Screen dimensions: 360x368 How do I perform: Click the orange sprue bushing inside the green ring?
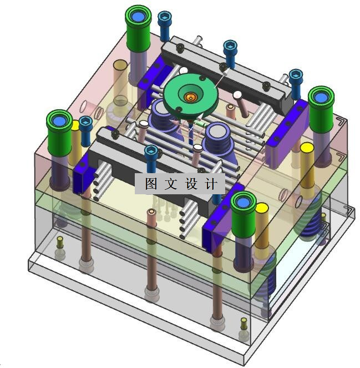coord(190,97)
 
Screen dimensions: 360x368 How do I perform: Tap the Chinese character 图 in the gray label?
coord(151,184)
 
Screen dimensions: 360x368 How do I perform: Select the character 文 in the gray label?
coord(171,184)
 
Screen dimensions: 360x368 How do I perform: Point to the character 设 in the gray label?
coord(191,184)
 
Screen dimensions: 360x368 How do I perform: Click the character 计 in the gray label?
coord(211,184)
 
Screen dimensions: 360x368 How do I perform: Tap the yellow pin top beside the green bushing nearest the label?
coord(262,208)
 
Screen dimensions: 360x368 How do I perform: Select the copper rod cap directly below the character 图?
coord(152,213)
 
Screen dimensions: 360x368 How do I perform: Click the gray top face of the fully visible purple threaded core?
coord(217,131)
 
